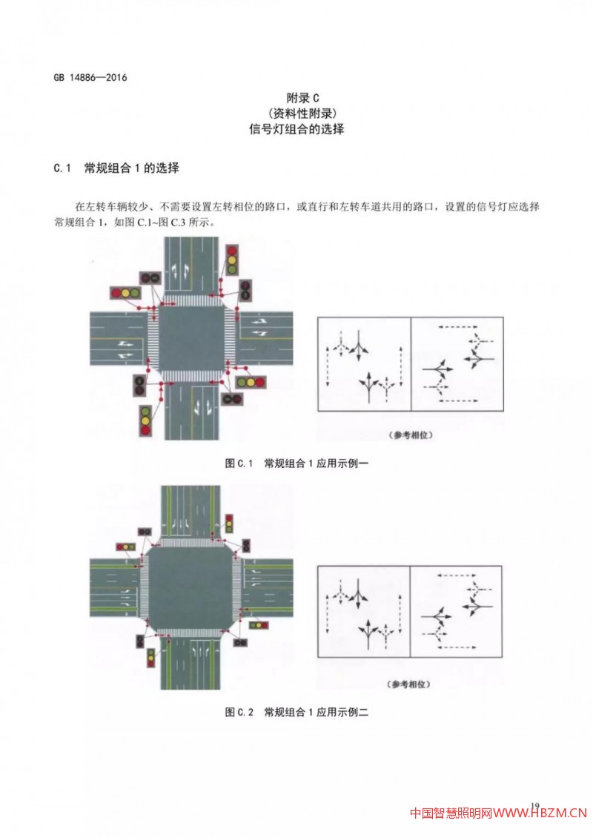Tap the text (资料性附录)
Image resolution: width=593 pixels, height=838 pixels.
pos(296,113)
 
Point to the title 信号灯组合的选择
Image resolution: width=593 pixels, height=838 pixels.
pos(296,128)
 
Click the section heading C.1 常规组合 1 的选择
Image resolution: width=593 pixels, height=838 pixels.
pos(116,168)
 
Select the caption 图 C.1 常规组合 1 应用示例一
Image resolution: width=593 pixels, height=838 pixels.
pos(296,463)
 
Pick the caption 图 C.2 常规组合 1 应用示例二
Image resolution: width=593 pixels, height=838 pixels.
pos(296,712)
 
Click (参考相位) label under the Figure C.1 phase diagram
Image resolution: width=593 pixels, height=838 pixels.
pos(410,435)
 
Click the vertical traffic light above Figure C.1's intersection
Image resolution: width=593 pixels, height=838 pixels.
pos(233,262)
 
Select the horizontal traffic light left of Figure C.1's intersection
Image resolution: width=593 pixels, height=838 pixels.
pos(125,294)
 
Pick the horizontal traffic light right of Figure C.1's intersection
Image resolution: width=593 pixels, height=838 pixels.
pos(251,383)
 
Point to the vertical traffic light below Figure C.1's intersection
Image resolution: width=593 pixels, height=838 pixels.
pos(145,419)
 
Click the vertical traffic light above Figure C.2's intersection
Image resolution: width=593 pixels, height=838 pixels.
pos(229,524)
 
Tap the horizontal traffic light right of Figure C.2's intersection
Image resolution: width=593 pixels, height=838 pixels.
pos(258,625)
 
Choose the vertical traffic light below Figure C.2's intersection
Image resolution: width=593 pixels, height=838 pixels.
pos(150,658)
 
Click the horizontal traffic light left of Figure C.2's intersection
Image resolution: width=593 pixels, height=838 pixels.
pos(125,547)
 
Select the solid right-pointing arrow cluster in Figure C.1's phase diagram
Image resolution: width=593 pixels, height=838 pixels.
pos(437,368)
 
